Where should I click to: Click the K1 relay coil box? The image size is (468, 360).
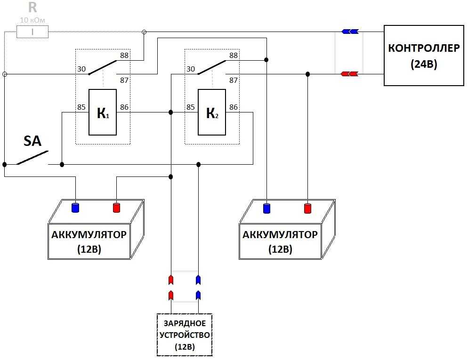(x=102, y=112)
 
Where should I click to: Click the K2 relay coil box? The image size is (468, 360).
(x=211, y=112)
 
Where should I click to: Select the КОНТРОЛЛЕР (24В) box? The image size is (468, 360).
(x=424, y=56)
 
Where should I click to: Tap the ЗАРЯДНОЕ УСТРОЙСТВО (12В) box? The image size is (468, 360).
(x=185, y=335)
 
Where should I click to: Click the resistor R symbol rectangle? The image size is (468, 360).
(x=32, y=32)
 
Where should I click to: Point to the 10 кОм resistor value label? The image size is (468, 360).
(x=32, y=20)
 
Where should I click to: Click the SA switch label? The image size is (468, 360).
(x=32, y=141)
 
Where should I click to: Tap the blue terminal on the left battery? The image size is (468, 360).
(x=75, y=208)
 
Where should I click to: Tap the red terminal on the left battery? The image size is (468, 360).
(x=116, y=208)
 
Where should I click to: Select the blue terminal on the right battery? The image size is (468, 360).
(x=266, y=208)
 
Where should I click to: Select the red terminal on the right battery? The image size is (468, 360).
(x=307, y=208)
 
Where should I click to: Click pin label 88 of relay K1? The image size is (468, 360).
(x=124, y=55)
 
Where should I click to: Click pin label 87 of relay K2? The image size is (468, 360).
(x=234, y=80)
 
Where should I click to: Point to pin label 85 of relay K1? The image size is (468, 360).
(x=81, y=107)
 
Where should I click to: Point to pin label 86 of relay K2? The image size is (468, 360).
(x=234, y=107)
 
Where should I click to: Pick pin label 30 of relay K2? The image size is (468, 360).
(x=190, y=69)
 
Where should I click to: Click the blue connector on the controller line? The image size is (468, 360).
(x=350, y=32)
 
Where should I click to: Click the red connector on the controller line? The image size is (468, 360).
(x=349, y=74)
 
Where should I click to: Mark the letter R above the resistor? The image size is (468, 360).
(x=32, y=8)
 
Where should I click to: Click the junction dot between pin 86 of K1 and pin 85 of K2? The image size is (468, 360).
(x=171, y=112)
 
